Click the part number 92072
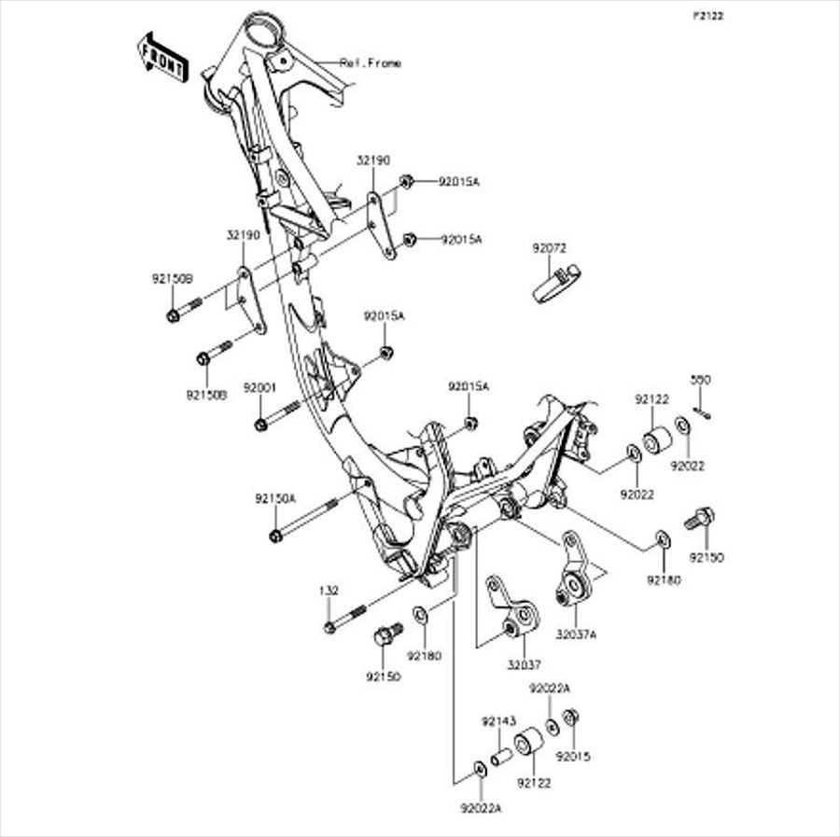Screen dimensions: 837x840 tap(550, 248)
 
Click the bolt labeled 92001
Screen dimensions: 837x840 tap(277, 415)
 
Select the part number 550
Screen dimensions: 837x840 tap(700, 380)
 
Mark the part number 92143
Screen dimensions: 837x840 tap(498, 721)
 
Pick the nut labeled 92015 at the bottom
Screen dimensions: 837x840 tap(573, 718)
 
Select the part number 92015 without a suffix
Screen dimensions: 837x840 tap(573, 758)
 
